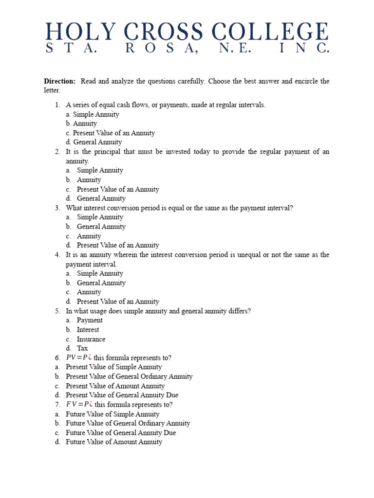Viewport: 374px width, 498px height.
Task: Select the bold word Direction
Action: pyautogui.click(x=60, y=81)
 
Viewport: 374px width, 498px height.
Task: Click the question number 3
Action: pyautogui.click(x=57, y=208)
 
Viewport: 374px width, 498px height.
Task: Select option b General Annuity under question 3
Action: pyautogui.click(x=101, y=227)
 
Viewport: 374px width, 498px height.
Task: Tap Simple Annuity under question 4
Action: pyautogui.click(x=100, y=273)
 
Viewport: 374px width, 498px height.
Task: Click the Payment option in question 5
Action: pyautogui.click(x=90, y=320)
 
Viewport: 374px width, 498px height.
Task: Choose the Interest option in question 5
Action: pyautogui.click(x=88, y=330)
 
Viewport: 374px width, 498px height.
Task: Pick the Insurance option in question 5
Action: pyautogui.click(x=91, y=339)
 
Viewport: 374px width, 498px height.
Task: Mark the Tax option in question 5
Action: pyautogui.click(x=82, y=348)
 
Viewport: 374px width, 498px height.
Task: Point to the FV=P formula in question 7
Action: pyautogui.click(x=79, y=405)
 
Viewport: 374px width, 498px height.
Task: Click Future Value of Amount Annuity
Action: pyautogui.click(x=114, y=442)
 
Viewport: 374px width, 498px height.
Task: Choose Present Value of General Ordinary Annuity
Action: pyautogui.click(x=129, y=376)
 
